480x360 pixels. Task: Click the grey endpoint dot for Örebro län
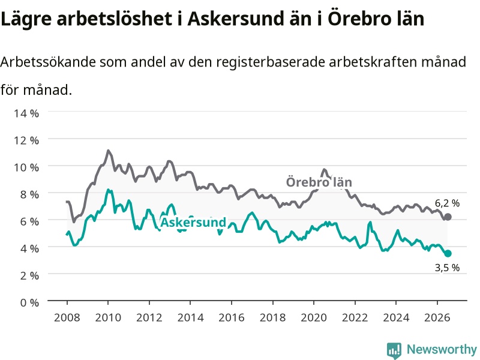pyautogui.click(x=448, y=217)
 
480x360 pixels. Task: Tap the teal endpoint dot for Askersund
pyautogui.click(x=448, y=253)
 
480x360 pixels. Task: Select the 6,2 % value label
pyautogui.click(x=447, y=203)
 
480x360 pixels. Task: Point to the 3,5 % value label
pyautogui.click(x=447, y=268)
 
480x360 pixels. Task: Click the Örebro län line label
pyautogui.click(x=319, y=182)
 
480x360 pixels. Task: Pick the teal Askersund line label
pyautogui.click(x=193, y=222)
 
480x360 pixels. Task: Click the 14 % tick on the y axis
pyautogui.click(x=26, y=113)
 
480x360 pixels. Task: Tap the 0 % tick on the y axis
pyautogui.click(x=29, y=302)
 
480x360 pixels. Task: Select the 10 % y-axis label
pyautogui.click(x=26, y=167)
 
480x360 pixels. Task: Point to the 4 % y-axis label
pyautogui.click(x=29, y=248)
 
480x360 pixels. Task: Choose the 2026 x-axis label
pyautogui.click(x=437, y=317)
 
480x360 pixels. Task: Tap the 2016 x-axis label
pyautogui.click(x=232, y=317)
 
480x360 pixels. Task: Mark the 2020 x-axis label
pyautogui.click(x=314, y=317)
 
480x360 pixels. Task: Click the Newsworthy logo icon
pyautogui.click(x=394, y=350)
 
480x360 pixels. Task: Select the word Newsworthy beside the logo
pyautogui.click(x=442, y=349)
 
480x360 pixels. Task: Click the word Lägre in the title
pyautogui.click(x=26, y=19)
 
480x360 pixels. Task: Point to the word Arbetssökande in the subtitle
pyautogui.click(x=48, y=62)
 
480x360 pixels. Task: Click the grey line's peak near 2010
pyautogui.click(x=108, y=151)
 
